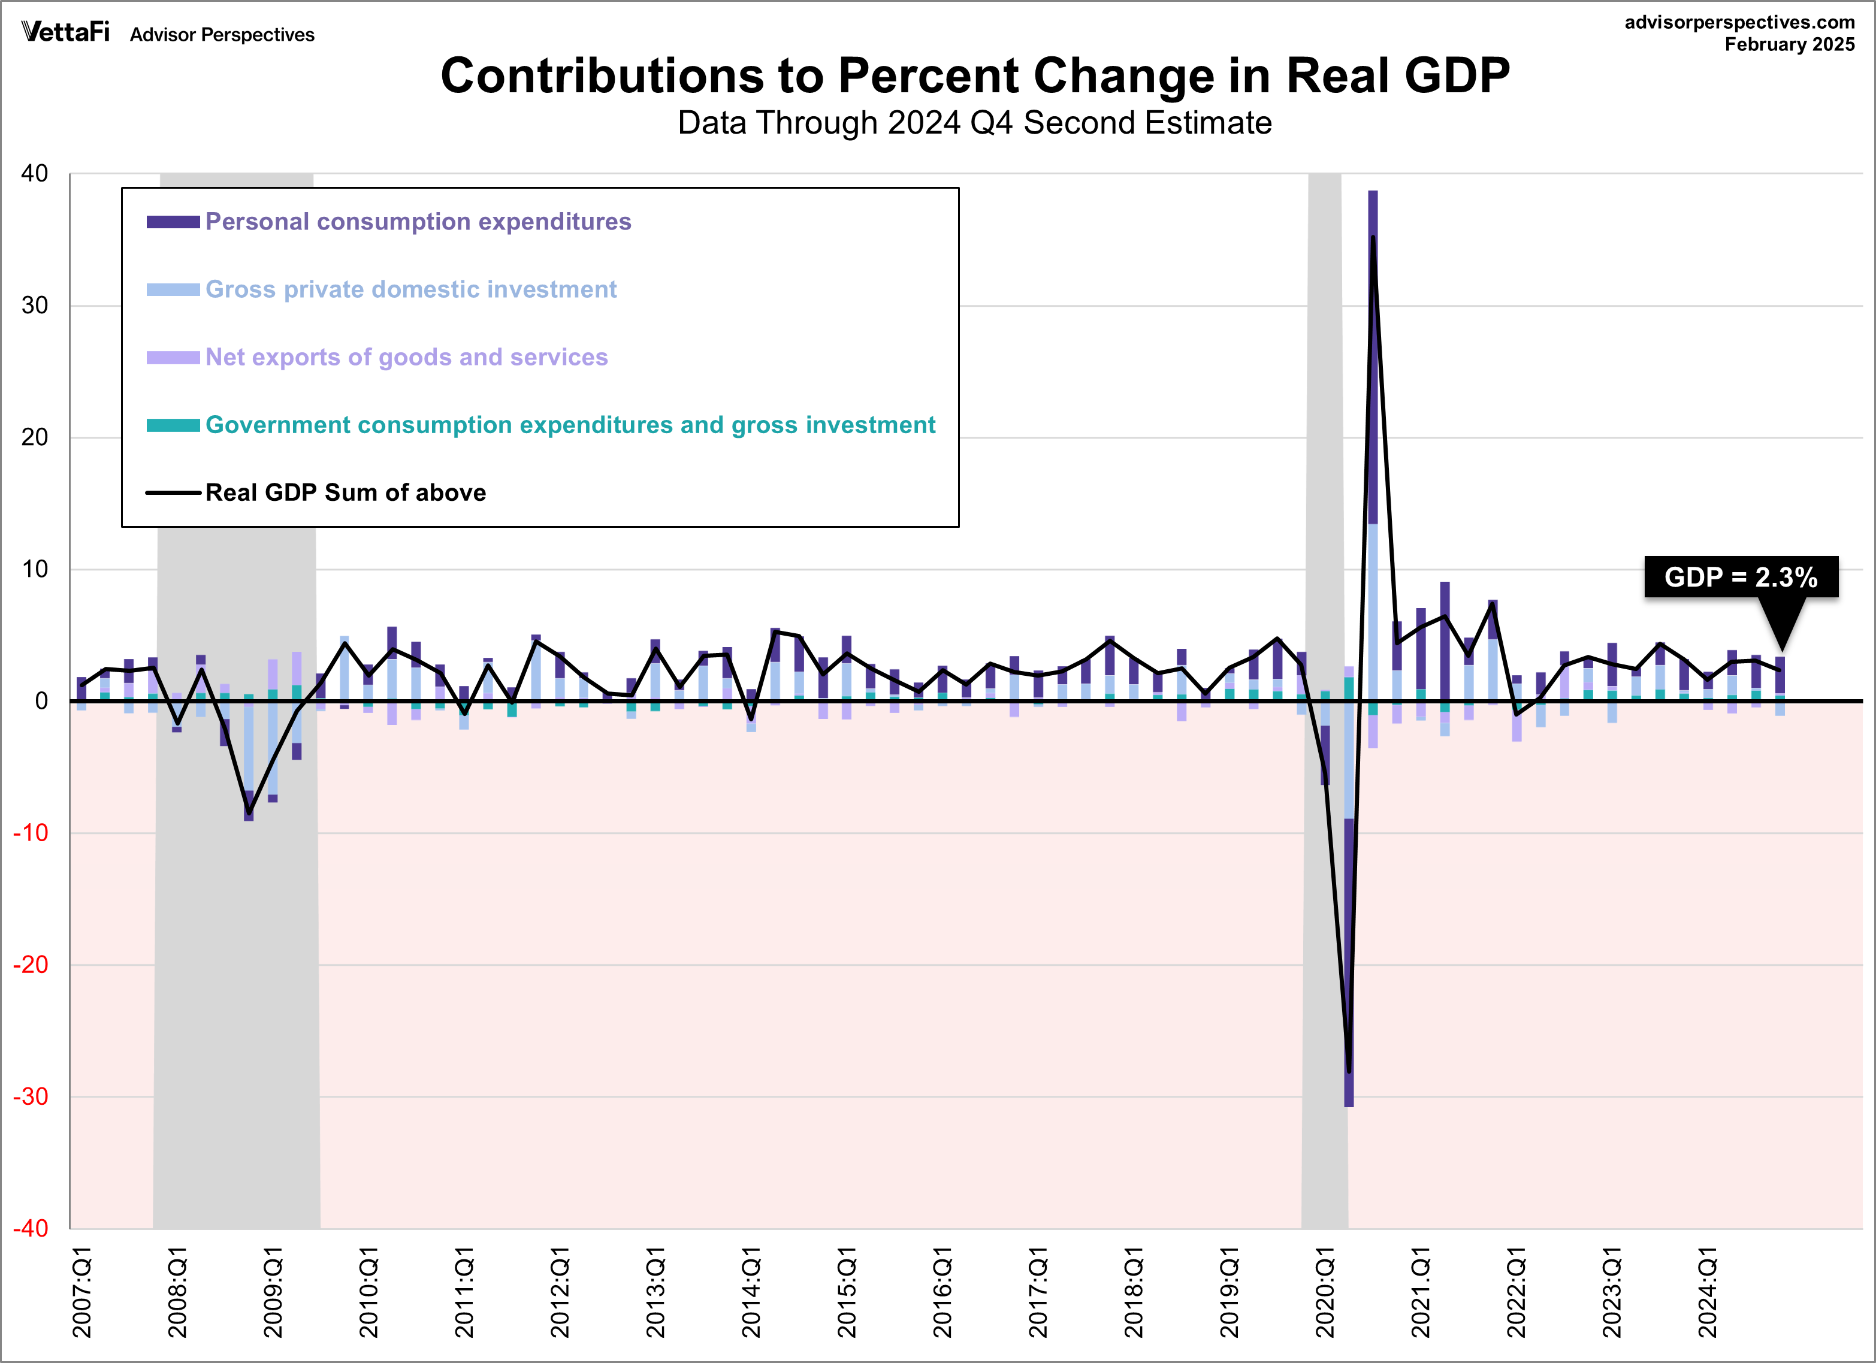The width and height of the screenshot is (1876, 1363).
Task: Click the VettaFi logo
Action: tap(65, 32)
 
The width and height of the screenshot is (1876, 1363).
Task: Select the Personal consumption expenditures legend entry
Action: tap(418, 222)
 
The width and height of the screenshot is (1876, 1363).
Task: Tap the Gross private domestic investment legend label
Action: tap(410, 289)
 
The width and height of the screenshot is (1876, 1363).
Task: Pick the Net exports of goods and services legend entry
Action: tap(406, 357)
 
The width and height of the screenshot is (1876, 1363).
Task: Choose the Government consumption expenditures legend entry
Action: tap(570, 425)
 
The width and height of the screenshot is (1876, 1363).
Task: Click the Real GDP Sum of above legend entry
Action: tap(345, 493)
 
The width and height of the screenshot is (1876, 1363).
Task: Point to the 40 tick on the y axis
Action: tap(35, 174)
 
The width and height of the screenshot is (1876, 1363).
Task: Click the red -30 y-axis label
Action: tap(31, 1096)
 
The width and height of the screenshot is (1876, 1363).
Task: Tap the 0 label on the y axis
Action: tap(41, 702)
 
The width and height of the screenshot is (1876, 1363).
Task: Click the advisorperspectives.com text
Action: tap(1739, 22)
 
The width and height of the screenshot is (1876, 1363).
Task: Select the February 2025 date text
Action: tap(1789, 45)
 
